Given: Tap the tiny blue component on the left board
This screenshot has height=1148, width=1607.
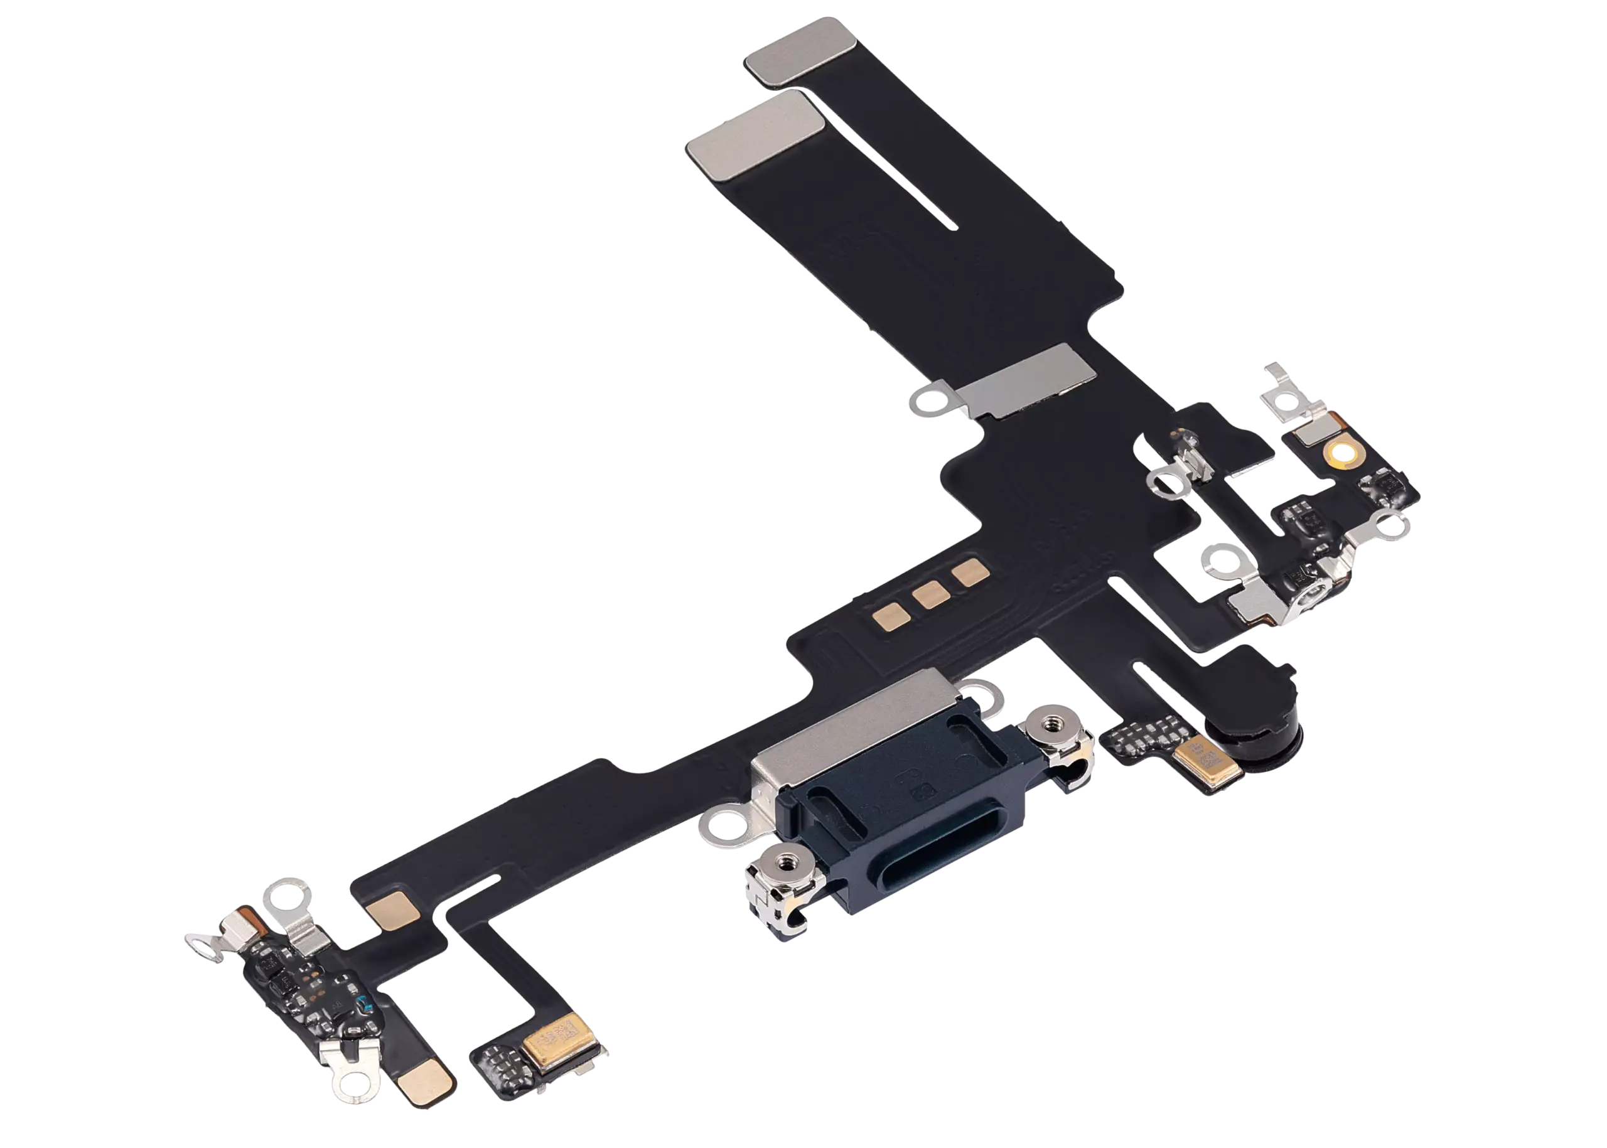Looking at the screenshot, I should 364,1002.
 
